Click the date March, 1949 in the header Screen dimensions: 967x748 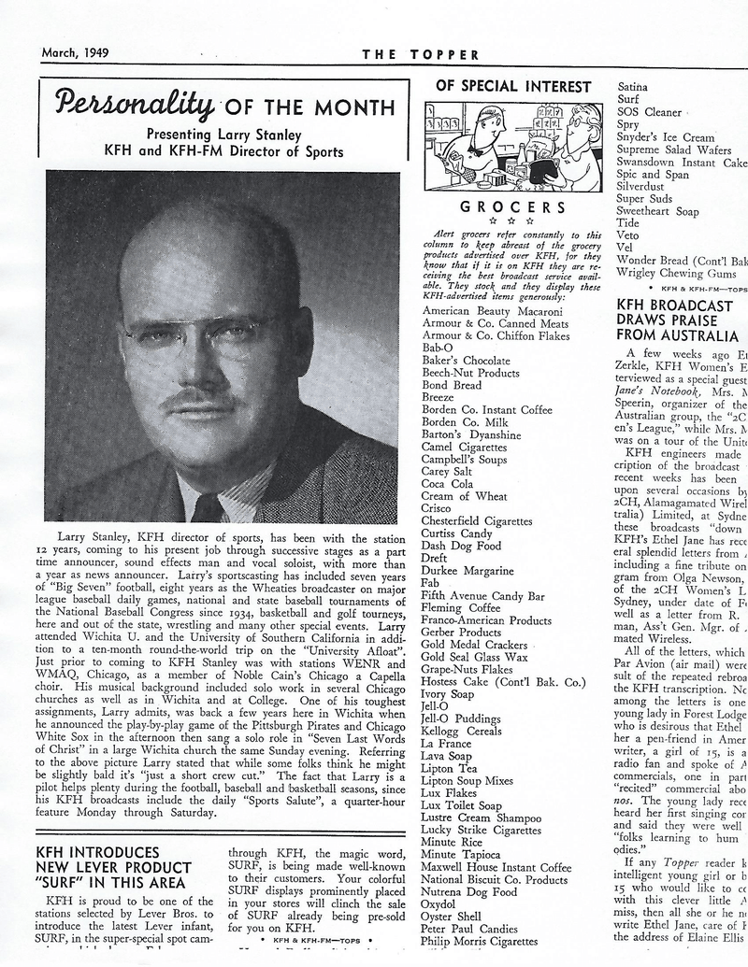(75, 52)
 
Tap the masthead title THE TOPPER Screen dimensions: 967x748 (421, 54)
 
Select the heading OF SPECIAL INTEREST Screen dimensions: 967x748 (514, 87)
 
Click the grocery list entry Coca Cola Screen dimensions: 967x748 (447, 484)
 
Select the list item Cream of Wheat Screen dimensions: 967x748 (465, 496)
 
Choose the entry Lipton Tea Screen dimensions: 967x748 (450, 768)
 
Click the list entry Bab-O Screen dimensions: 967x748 (438, 348)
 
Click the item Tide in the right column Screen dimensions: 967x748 (628, 223)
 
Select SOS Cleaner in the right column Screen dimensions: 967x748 (650, 111)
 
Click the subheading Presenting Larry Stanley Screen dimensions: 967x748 (223, 134)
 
